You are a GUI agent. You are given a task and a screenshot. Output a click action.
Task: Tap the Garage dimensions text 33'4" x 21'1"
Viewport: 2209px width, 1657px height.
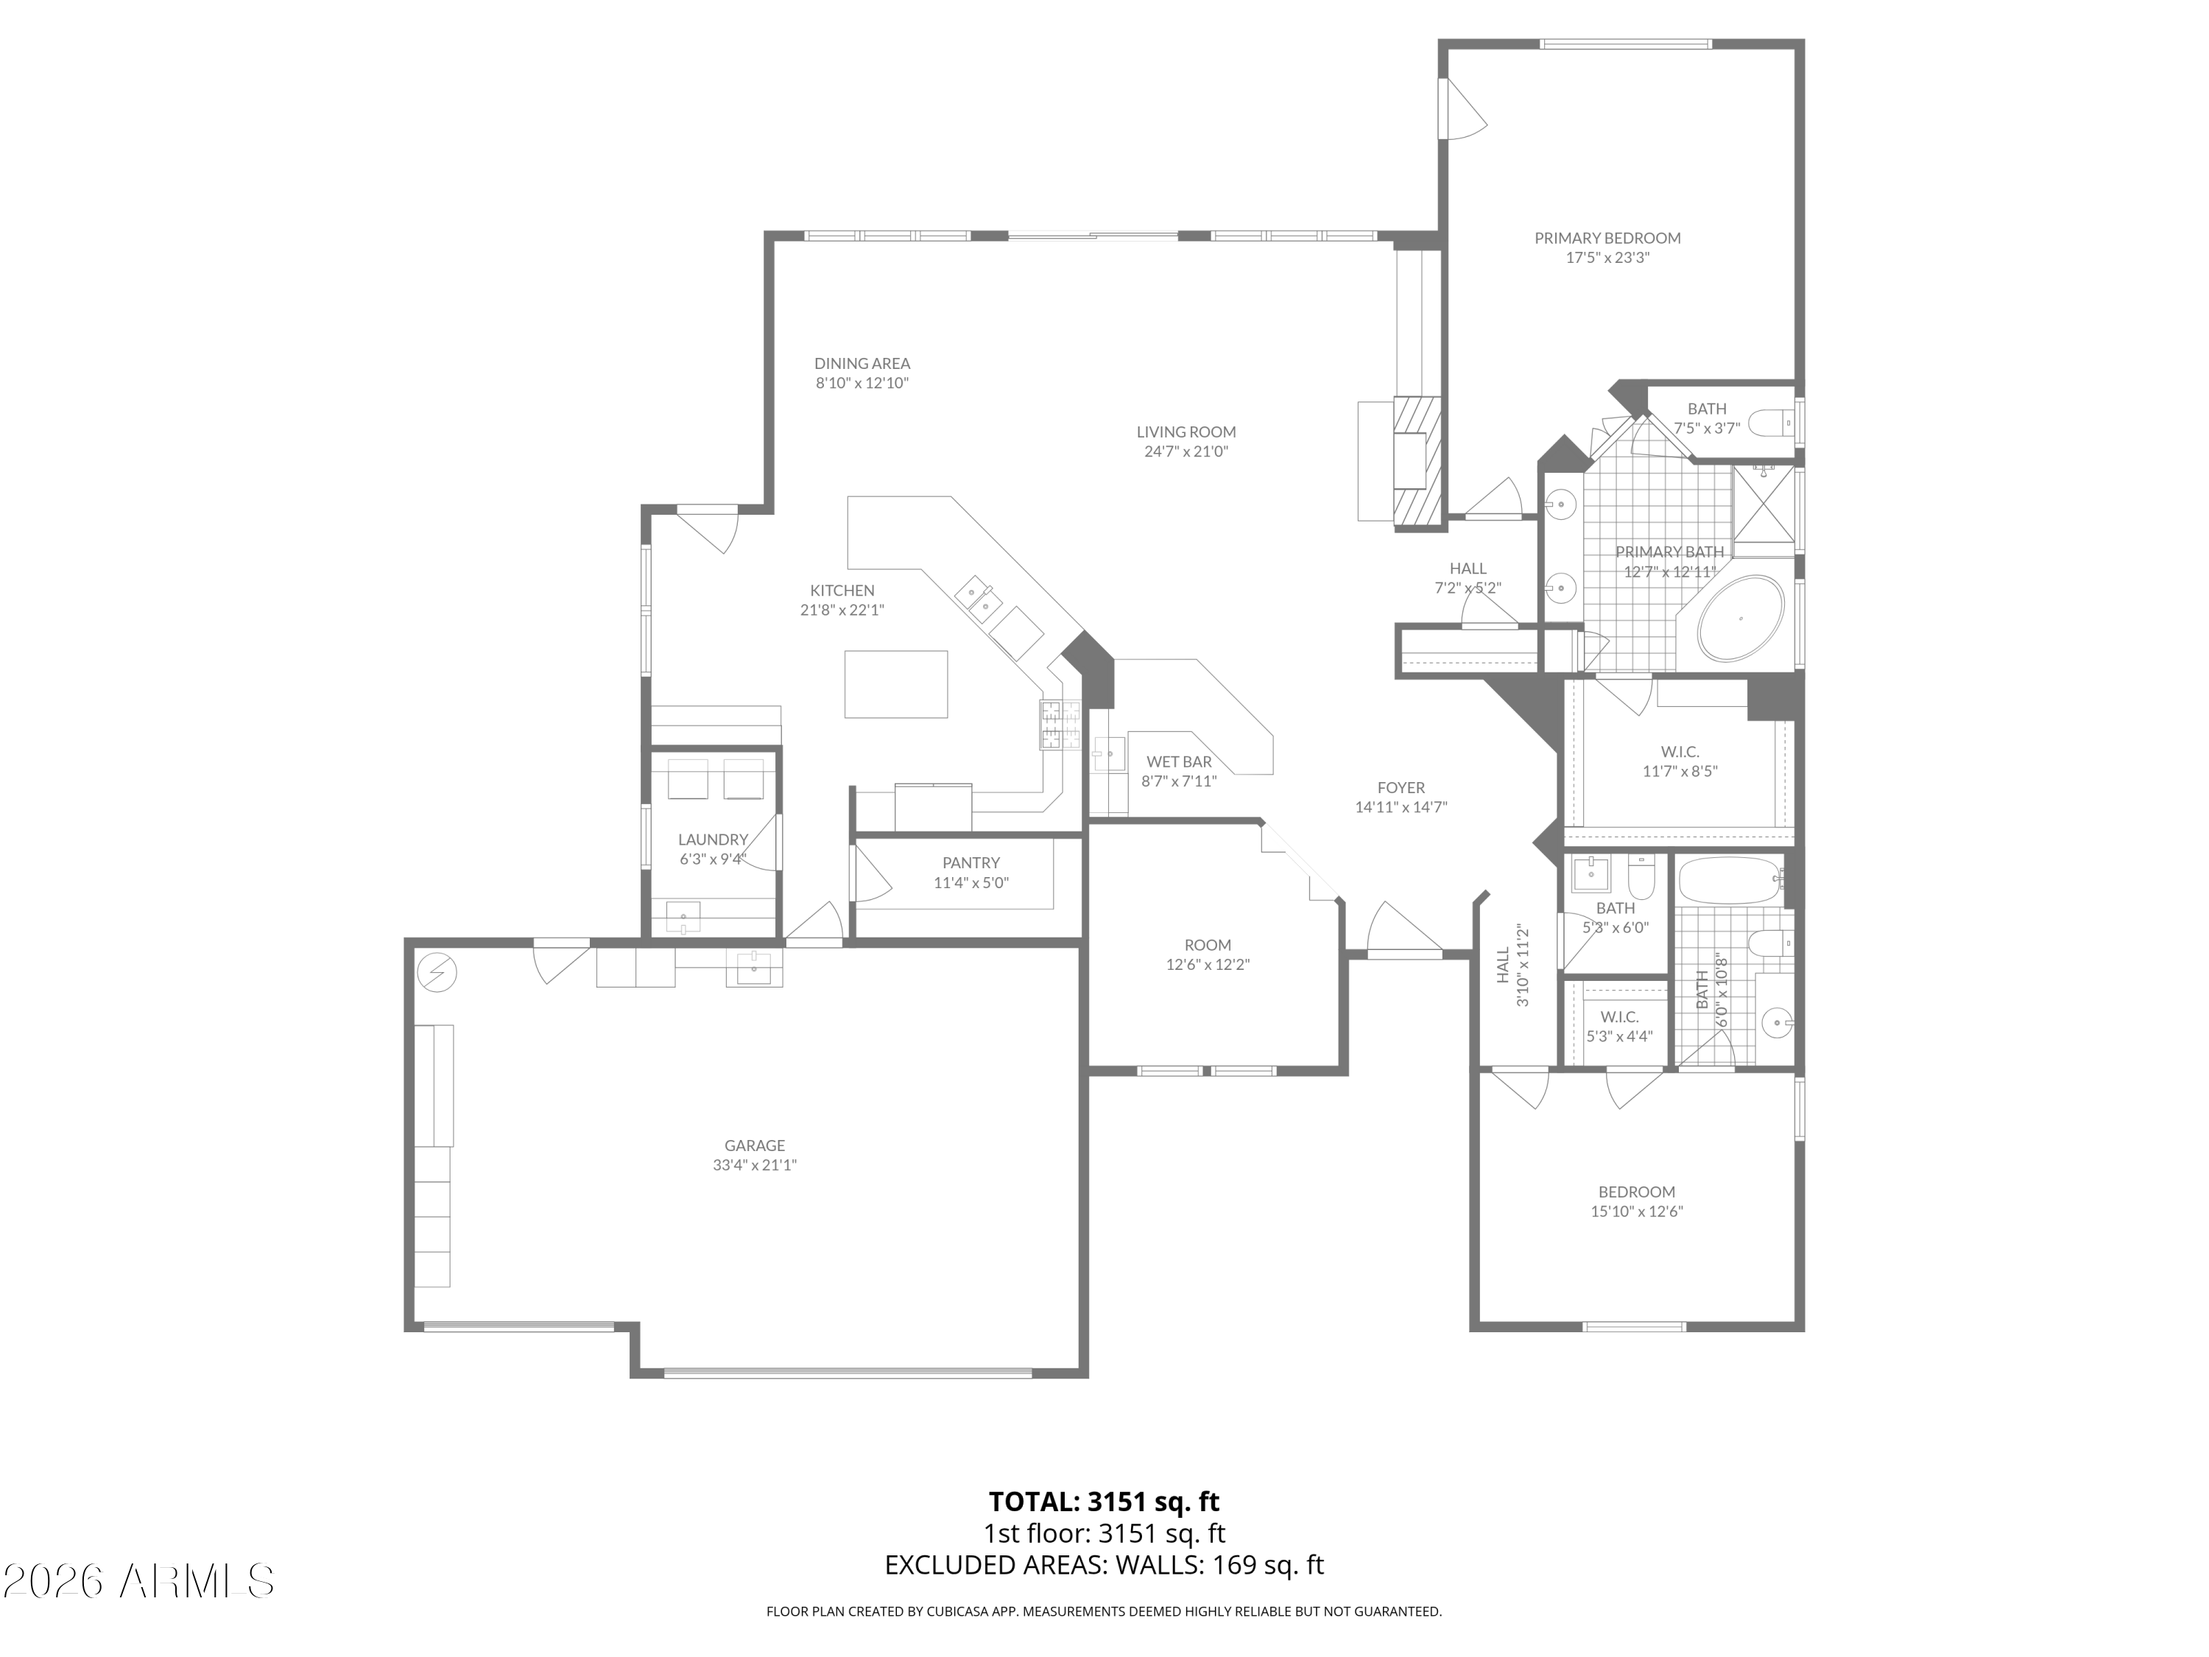click(x=755, y=1164)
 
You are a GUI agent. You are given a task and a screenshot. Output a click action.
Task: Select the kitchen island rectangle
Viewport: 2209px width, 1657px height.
click(x=896, y=684)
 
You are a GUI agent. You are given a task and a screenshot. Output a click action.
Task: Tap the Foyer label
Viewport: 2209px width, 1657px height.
click(x=1401, y=788)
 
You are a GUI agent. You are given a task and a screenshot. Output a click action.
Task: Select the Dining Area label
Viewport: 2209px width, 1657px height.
click(x=862, y=364)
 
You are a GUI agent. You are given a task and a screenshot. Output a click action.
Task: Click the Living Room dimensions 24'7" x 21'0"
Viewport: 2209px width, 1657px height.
click(x=1186, y=451)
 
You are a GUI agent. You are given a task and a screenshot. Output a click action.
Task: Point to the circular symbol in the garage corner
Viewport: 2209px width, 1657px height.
click(x=437, y=972)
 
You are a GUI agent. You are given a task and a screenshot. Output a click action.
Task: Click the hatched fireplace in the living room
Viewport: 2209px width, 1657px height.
click(x=1418, y=462)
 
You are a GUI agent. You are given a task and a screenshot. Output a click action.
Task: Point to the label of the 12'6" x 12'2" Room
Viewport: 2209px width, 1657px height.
click(x=1208, y=945)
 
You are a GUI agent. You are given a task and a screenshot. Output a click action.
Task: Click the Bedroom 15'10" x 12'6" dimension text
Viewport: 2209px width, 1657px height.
click(x=1637, y=1211)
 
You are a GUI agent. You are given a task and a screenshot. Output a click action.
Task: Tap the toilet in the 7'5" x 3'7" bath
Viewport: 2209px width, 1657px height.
click(x=1772, y=423)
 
